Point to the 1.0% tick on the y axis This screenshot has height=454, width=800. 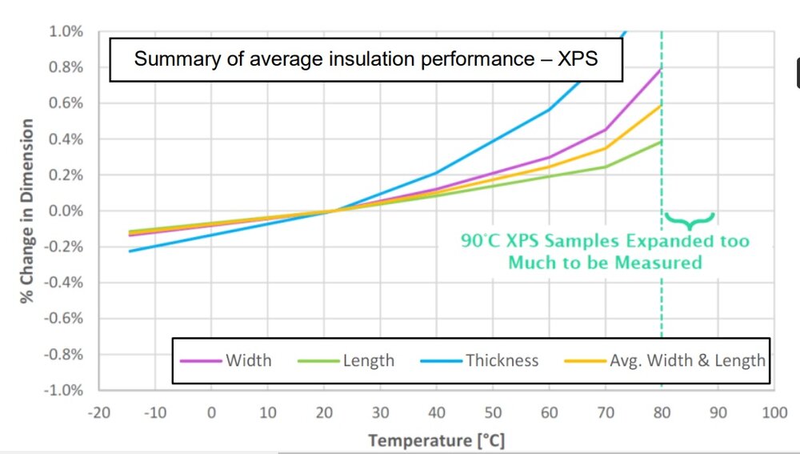tap(66, 31)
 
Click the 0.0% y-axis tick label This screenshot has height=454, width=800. tap(66, 211)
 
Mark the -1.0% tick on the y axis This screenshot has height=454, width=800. tap(64, 390)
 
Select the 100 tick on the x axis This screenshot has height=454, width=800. tap(774, 412)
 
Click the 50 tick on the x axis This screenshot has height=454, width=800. tap(493, 412)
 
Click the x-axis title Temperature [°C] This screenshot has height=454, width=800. tap(436, 440)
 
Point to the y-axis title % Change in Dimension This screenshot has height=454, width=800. tap(27, 211)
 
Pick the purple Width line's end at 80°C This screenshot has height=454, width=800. tap(661, 69)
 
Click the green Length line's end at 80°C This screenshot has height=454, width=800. tap(661, 142)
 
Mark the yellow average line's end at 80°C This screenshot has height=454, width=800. tap(661, 105)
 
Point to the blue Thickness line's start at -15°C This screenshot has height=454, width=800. tap(129, 251)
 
